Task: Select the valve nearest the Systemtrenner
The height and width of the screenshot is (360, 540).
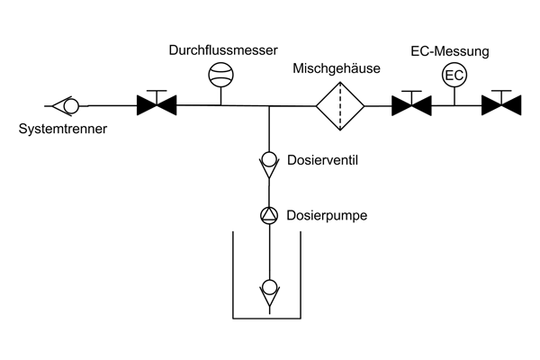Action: coord(157,106)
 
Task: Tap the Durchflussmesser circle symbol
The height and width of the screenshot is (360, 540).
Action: coord(220,74)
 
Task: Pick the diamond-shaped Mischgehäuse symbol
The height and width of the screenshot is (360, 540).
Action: coord(340,106)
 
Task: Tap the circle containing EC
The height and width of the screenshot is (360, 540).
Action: coord(454,75)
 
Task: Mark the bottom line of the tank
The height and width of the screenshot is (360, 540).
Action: coord(268,318)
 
